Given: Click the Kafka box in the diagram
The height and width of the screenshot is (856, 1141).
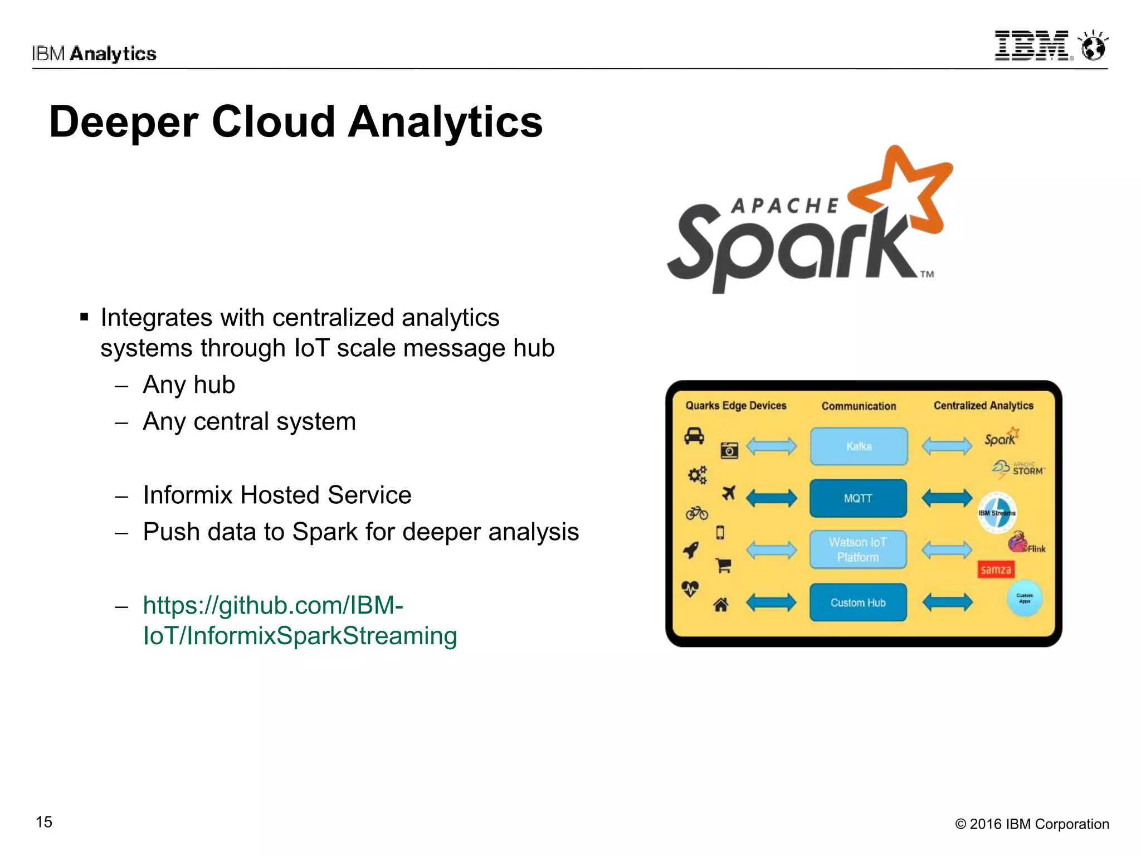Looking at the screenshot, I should [859, 446].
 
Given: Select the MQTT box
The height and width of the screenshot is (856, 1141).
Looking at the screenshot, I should [858, 498].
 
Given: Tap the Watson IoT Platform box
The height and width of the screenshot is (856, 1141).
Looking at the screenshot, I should [858, 549].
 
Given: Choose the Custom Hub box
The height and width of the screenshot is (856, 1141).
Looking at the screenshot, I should [858, 602].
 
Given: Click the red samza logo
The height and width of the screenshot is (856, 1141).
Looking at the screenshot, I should [996, 570].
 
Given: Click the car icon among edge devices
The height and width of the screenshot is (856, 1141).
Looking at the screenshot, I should [694, 436].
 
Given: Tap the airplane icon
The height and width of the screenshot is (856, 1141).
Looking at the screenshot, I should [728, 493].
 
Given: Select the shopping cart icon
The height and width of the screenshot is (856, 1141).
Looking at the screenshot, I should [724, 566].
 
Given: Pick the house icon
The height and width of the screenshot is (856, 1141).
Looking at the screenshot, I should [721, 604].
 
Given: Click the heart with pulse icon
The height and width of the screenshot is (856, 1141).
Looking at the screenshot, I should [690, 588].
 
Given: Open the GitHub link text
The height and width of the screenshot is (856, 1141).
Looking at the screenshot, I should [300, 620].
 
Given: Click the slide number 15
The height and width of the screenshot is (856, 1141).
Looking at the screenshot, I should [44, 822].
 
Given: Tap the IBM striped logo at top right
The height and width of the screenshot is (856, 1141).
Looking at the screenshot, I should [1031, 46].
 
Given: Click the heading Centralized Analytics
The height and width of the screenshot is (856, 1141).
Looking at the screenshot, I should [983, 406].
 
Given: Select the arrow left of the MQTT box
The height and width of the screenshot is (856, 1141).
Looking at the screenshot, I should [771, 498].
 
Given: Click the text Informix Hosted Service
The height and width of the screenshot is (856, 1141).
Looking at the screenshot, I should [277, 495].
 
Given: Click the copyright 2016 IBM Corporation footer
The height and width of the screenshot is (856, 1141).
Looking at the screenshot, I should [1032, 824].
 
